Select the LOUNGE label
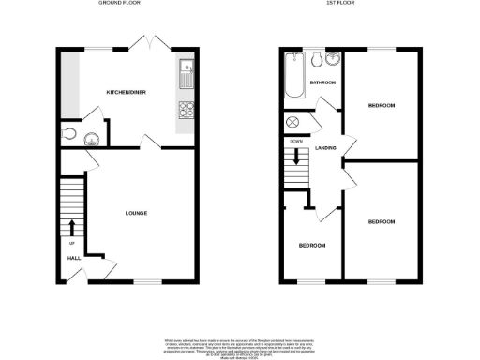click(x=136, y=213)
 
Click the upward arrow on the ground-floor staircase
click(x=72, y=227)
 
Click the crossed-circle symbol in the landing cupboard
click(x=292, y=122)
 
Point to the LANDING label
click(x=326, y=148)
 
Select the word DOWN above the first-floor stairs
click(x=296, y=141)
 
